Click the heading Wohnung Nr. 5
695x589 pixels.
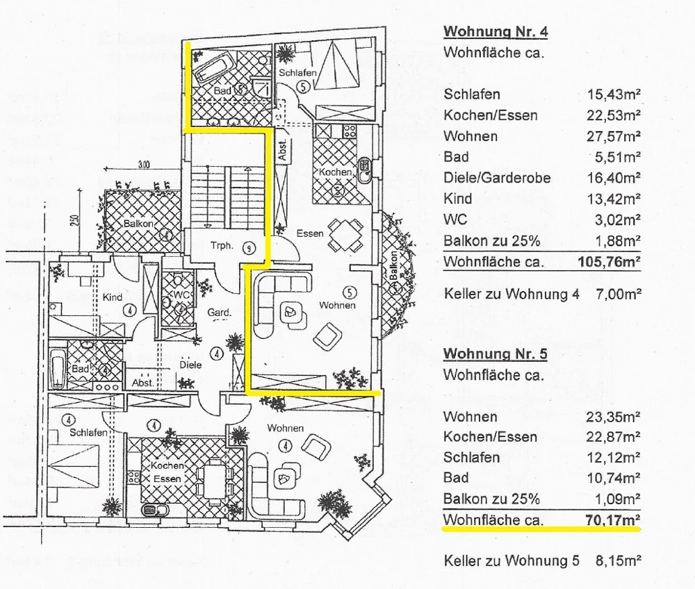tap(496, 354)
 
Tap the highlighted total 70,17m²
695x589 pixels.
tap(608, 520)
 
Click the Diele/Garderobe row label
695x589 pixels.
tap(497, 179)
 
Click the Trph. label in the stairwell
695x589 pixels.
tap(222, 245)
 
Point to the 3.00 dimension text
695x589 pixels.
tap(143, 165)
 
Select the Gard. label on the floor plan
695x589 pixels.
tap(218, 313)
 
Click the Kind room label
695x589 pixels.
tap(113, 297)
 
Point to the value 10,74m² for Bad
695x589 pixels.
tap(612, 478)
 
